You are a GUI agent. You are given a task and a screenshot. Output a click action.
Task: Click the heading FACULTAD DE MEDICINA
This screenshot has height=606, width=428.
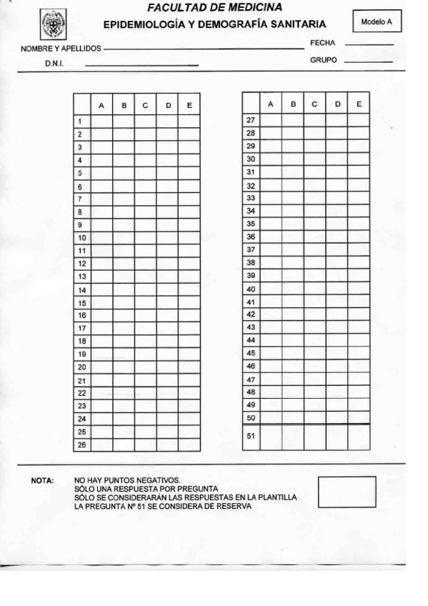(x=214, y=8)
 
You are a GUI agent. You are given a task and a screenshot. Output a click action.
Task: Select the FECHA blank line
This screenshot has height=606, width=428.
(x=369, y=44)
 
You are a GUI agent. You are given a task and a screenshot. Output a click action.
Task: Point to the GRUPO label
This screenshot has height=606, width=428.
(x=323, y=60)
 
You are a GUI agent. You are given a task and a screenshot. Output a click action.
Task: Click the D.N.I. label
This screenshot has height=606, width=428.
(x=55, y=64)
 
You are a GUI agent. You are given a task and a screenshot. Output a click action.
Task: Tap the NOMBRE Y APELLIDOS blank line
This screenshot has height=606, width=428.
(x=204, y=49)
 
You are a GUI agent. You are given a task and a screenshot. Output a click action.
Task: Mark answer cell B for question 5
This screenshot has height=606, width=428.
(x=124, y=173)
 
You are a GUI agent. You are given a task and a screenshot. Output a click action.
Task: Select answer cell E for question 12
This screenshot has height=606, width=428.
(x=189, y=264)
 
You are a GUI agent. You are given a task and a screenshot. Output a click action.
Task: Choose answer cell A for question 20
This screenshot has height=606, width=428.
(x=101, y=367)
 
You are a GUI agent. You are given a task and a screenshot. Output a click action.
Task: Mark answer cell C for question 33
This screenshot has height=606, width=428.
(x=314, y=197)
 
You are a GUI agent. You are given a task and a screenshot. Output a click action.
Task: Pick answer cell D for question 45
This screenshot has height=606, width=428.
(x=337, y=353)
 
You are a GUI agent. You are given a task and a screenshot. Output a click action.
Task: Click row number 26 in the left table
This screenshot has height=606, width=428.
(x=81, y=444)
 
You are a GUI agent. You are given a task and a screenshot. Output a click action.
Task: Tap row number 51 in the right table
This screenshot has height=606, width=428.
(x=251, y=437)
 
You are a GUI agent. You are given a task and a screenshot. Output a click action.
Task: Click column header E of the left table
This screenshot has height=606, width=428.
(x=189, y=106)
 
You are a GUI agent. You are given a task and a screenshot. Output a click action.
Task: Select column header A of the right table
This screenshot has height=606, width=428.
(x=271, y=104)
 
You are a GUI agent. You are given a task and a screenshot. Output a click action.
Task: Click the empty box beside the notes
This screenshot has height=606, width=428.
(x=347, y=492)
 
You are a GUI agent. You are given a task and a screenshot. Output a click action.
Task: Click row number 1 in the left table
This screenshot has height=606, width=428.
(x=81, y=121)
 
